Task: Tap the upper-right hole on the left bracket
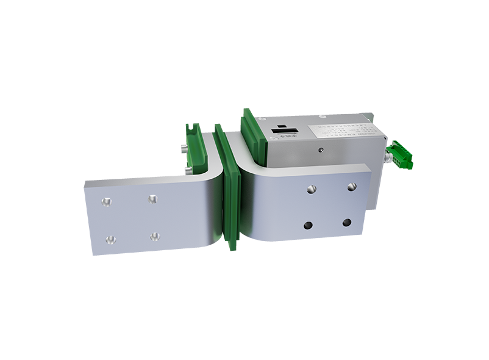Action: (x=152, y=199)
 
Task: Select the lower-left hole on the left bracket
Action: (x=110, y=239)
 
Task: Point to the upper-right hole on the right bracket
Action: (x=352, y=186)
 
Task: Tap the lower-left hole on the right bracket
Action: (x=308, y=225)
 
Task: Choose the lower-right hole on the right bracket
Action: (x=348, y=223)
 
